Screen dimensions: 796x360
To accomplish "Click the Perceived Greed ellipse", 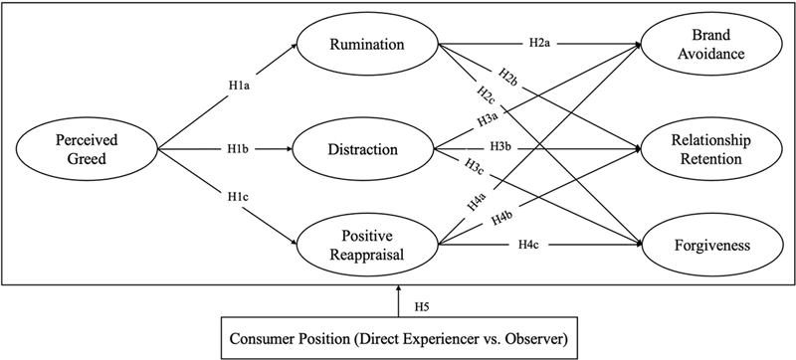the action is (x=87, y=149).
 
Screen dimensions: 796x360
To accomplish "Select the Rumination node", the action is (x=367, y=45).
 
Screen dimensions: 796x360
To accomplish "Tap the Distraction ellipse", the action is (x=363, y=149).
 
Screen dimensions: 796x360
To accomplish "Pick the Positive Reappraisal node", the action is (x=367, y=245).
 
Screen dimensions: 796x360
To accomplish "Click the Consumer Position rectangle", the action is (x=399, y=339).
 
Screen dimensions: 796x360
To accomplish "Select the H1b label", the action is (x=238, y=149).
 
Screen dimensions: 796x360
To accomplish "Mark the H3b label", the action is (x=500, y=147).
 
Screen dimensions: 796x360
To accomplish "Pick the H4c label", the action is (x=529, y=245).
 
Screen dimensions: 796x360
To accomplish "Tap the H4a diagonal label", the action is (x=478, y=200).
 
